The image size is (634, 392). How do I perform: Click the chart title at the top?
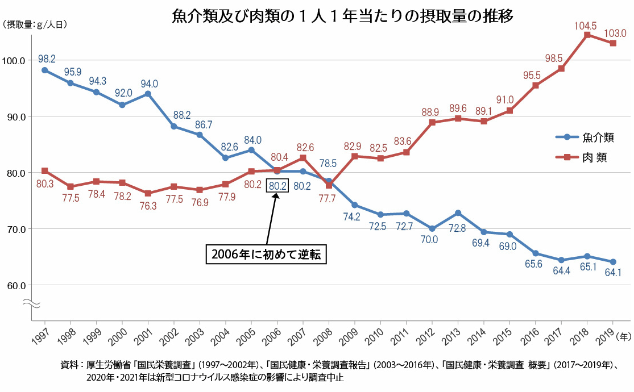point(343,16)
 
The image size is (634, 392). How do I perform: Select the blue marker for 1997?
point(44,70)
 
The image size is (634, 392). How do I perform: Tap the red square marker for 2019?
point(613,43)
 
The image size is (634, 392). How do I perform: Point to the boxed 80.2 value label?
point(277,186)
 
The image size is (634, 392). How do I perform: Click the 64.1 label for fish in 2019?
point(613,273)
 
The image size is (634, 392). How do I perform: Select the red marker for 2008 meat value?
point(329,185)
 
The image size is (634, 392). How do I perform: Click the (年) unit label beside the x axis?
point(624,336)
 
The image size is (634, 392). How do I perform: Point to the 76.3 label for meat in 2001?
point(148,206)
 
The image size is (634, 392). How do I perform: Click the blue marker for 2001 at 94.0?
point(148,94)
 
